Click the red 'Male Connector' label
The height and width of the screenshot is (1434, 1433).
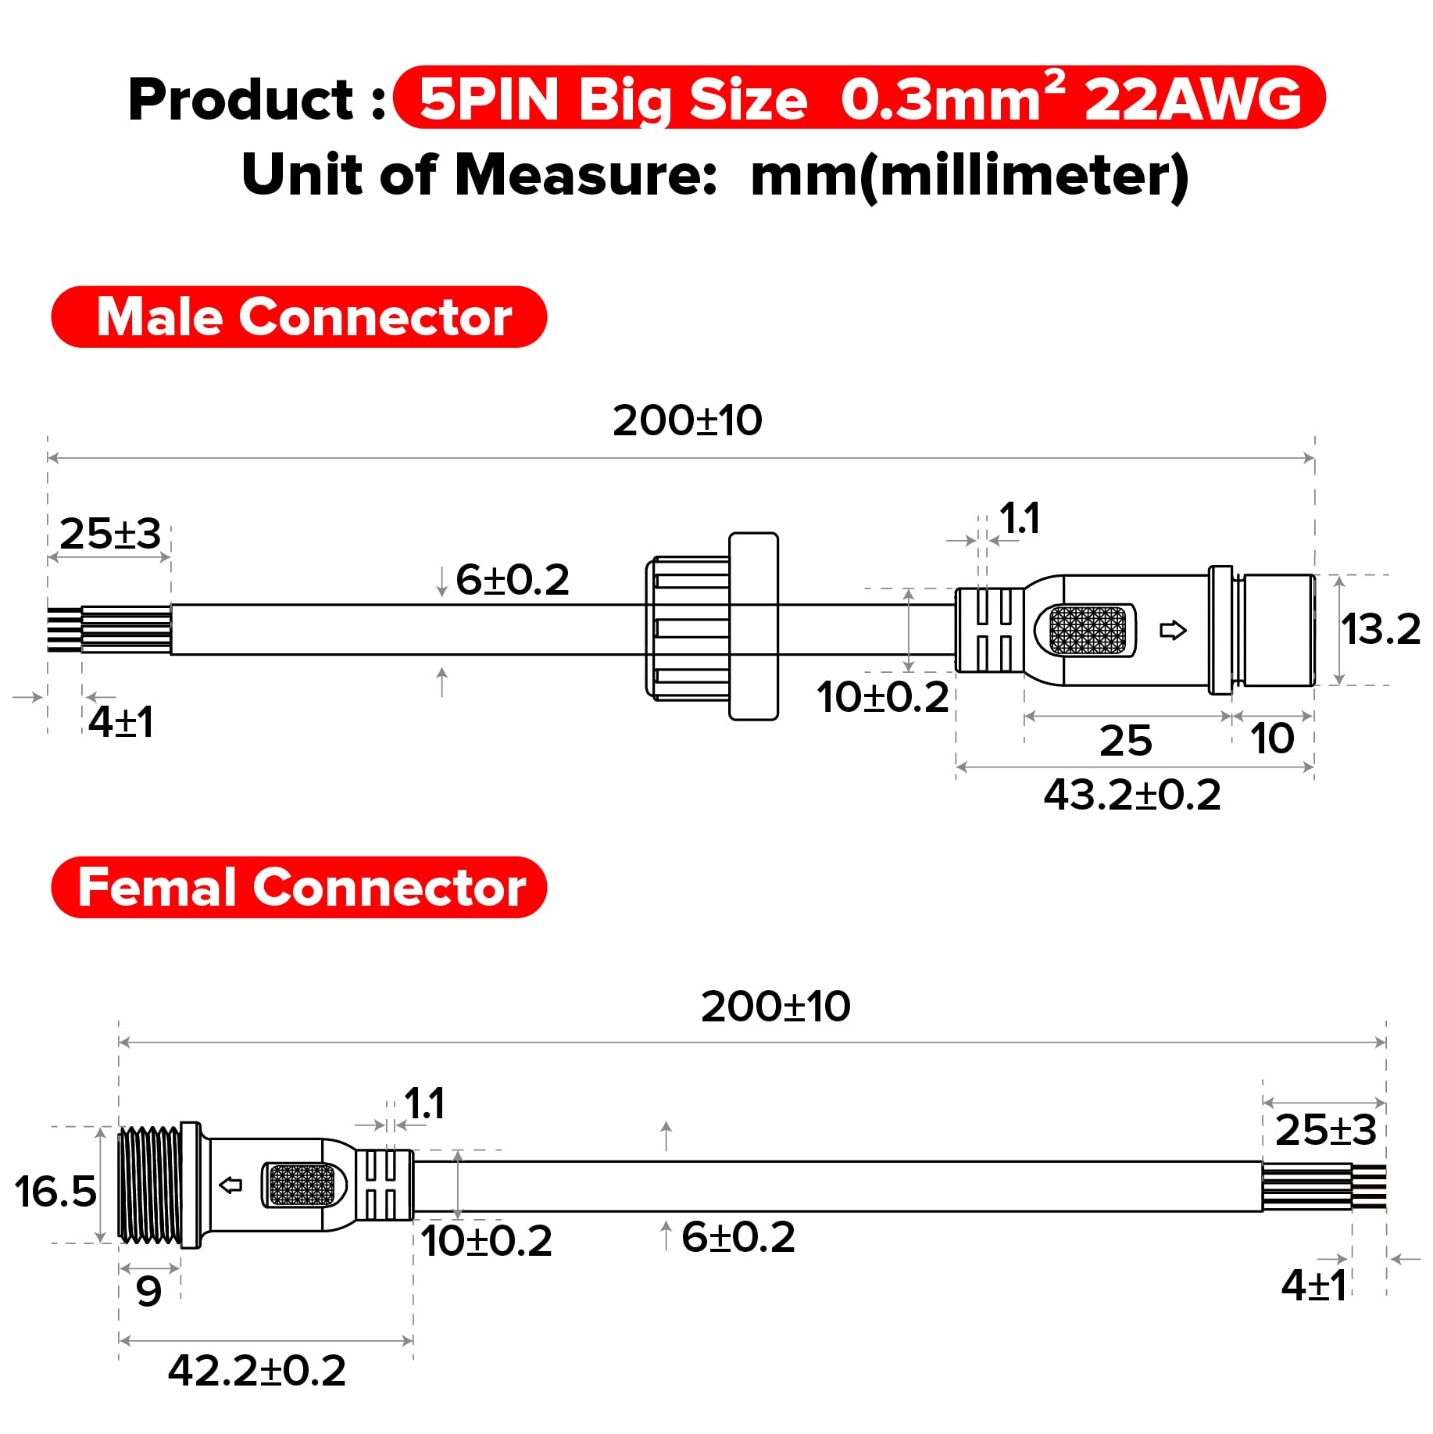[298, 317]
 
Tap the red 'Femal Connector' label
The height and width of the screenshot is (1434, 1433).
[298, 888]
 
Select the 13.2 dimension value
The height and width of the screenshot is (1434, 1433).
[1381, 629]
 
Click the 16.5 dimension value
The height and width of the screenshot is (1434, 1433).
[55, 1192]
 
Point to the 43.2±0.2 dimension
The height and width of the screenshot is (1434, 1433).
[1132, 796]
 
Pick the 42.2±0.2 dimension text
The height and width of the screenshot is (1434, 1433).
[257, 1371]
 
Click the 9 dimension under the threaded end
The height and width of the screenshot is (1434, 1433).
[148, 1291]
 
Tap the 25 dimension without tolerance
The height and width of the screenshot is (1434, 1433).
[1125, 741]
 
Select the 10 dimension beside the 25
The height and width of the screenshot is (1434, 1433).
[1272, 738]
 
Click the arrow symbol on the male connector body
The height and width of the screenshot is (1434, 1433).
[1173, 630]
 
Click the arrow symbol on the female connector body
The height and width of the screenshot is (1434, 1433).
[230, 1185]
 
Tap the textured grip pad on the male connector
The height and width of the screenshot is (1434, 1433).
[1087, 631]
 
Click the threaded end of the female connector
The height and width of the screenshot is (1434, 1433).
[148, 1185]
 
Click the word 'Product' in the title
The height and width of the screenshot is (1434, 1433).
[241, 100]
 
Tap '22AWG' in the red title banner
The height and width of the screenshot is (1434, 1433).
[1192, 100]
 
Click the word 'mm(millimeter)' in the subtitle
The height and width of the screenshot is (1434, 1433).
[969, 176]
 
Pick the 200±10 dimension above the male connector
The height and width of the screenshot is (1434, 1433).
[687, 420]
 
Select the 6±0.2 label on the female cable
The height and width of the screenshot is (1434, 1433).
[738, 1237]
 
